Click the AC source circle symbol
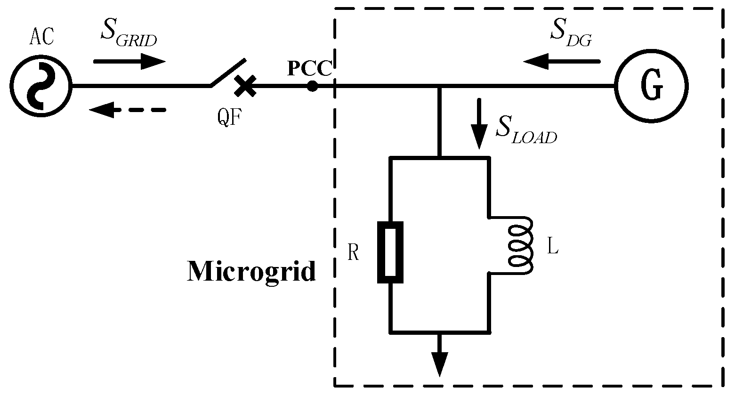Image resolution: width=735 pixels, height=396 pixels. pos(40,87)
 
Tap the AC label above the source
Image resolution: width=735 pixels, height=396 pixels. pos(42,37)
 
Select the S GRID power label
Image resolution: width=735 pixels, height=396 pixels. pos(128,33)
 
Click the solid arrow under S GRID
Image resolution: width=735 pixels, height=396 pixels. pos(129,61)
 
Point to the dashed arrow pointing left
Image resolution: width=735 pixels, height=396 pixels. pos(127,110)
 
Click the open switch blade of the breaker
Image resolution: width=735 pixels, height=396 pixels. pos(228,73)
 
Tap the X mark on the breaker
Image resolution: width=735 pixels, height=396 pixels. pos(245,87)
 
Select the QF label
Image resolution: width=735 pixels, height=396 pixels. pos(230,117)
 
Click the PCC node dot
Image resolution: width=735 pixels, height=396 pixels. pos(312,86)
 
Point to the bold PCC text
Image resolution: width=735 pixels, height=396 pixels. pos(310,69)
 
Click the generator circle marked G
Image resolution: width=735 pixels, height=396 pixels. pos(652,87)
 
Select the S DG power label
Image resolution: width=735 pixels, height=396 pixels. pos(571,33)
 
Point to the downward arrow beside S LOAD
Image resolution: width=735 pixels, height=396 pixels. pos(480,123)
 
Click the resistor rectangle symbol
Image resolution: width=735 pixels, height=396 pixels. pos(390,252)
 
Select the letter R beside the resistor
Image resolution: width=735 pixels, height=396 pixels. pos(353,253)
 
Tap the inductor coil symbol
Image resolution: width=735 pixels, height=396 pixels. pos(520,245)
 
